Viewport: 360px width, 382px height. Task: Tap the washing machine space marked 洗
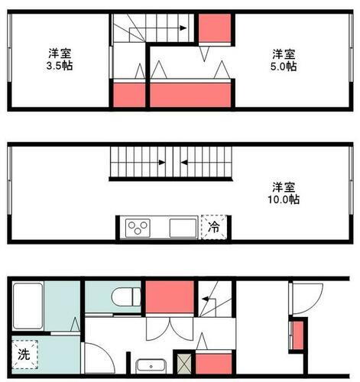pos(24,354)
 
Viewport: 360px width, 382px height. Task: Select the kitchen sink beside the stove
pos(182,228)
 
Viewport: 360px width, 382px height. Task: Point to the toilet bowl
pos(123,295)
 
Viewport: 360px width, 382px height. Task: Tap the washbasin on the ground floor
pos(150,365)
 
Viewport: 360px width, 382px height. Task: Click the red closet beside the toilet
pos(167,296)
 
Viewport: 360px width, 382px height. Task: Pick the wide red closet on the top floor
pos(191,94)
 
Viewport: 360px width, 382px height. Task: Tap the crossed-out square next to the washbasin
pos(183,364)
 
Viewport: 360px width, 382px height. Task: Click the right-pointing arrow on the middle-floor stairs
pos(161,162)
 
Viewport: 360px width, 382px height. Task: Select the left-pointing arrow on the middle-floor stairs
pos(185,162)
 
